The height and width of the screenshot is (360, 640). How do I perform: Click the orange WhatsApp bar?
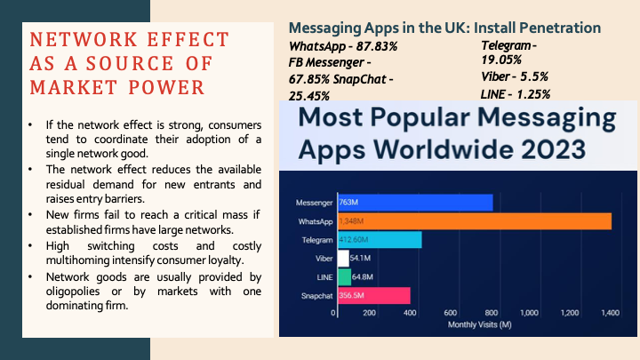[473, 221]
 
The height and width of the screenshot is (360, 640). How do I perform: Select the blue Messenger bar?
[414, 203]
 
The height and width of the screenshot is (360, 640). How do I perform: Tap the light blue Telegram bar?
[380, 240]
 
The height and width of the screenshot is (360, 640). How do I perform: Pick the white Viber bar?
[343, 259]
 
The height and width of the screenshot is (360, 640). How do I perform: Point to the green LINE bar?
[345, 277]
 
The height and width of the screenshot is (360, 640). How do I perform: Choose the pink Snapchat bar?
[373, 296]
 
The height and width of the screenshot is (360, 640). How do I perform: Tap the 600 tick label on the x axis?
[451, 313]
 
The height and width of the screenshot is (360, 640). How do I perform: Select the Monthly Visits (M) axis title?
[473, 324]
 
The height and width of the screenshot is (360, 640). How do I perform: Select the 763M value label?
[349, 203]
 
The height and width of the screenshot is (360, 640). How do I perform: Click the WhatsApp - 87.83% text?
[341, 45]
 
